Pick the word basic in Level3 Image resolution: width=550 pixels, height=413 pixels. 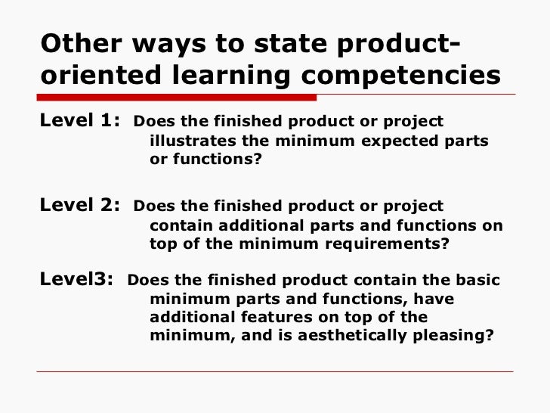[477, 279]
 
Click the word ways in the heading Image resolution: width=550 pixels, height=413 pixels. [169, 45]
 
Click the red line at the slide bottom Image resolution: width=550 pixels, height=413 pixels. [276, 371]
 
